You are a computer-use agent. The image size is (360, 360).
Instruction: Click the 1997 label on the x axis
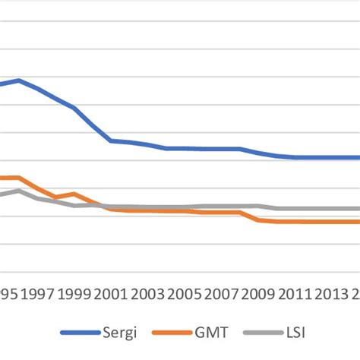click(36, 294)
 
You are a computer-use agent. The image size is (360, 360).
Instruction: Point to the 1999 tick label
click(74, 294)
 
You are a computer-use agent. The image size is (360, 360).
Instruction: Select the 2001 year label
click(111, 294)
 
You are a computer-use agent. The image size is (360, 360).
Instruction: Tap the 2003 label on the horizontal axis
click(147, 294)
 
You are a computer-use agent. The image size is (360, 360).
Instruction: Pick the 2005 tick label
click(185, 294)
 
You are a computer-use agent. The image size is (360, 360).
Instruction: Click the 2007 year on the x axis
click(222, 294)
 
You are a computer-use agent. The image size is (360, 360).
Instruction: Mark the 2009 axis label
click(258, 294)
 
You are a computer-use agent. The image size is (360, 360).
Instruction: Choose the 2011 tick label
click(295, 294)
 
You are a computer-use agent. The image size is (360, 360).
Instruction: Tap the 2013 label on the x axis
click(332, 294)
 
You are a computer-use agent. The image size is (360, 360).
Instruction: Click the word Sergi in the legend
click(116, 332)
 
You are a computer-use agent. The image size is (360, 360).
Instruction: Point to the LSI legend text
click(293, 332)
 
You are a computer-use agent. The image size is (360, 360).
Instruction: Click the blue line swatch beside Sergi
click(79, 333)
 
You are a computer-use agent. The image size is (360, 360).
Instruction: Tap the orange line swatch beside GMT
click(169, 333)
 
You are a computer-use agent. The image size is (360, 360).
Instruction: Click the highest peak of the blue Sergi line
click(19, 80)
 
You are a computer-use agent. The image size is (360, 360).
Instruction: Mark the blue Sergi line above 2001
click(111, 141)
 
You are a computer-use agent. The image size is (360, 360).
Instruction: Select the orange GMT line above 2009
click(258, 219)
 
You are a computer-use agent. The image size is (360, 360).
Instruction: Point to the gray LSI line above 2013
click(332, 208)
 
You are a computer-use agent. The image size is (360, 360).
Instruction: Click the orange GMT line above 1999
click(74, 194)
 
